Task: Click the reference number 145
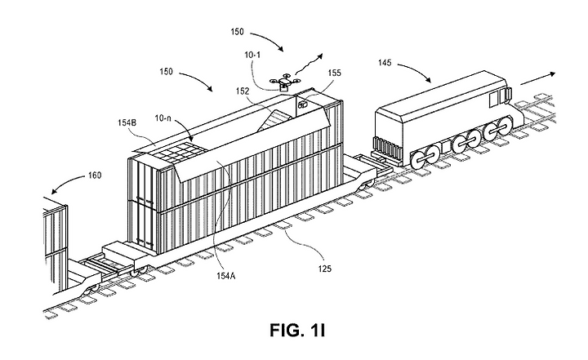(385, 62)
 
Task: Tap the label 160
(95, 176)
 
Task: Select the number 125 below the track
(325, 269)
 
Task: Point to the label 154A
(225, 276)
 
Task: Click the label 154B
(127, 122)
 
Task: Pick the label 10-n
(163, 118)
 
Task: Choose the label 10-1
(252, 56)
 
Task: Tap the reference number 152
(243, 91)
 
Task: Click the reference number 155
(334, 73)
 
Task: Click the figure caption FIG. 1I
(297, 331)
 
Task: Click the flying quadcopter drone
(285, 83)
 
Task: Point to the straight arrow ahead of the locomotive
(537, 79)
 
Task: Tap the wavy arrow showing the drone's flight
(309, 64)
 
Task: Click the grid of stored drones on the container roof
(179, 153)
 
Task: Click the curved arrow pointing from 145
(414, 71)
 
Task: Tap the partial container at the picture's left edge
(55, 244)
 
